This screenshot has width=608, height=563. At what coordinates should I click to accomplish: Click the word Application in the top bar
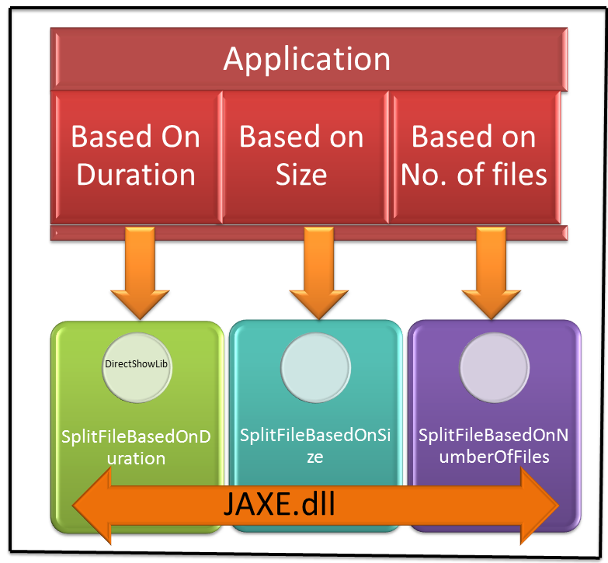307,60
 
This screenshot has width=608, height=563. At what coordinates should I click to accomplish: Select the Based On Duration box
135,155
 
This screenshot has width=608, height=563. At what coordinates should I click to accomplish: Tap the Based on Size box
301,155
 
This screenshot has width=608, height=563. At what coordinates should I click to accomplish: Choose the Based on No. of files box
474,155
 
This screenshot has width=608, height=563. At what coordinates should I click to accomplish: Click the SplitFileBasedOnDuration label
136,447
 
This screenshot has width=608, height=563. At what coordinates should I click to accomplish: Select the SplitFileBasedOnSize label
314,447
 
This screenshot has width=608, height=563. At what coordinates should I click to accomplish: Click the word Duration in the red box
135,174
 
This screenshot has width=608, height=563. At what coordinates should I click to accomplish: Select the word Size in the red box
301,174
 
